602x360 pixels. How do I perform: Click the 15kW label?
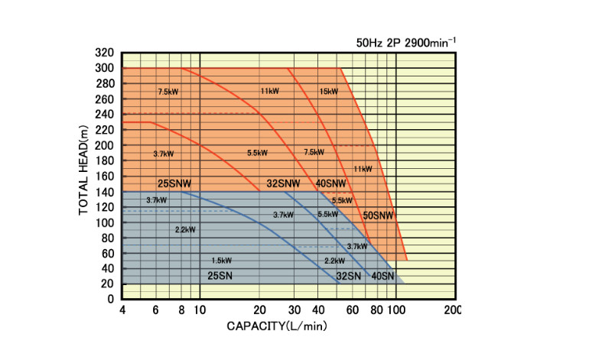click(x=329, y=92)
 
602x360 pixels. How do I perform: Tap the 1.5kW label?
click(x=221, y=261)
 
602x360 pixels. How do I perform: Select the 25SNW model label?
click(x=174, y=184)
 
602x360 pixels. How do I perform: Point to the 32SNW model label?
click(x=283, y=184)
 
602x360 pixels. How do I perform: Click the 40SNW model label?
click(x=330, y=184)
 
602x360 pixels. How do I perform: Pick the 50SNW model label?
click(x=378, y=216)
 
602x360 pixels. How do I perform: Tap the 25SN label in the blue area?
click(x=220, y=275)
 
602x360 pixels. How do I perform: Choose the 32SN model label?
click(x=349, y=275)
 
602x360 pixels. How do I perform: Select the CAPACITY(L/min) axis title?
click(x=276, y=327)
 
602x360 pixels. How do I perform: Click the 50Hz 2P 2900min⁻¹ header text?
click(x=406, y=42)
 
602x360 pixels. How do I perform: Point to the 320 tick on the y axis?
click(x=105, y=54)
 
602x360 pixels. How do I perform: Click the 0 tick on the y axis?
click(x=111, y=300)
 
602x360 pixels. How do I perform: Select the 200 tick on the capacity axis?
click(x=452, y=310)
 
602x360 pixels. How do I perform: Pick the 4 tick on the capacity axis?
click(x=122, y=310)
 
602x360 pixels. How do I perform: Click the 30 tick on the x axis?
click(x=295, y=310)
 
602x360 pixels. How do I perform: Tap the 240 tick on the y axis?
click(x=105, y=115)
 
